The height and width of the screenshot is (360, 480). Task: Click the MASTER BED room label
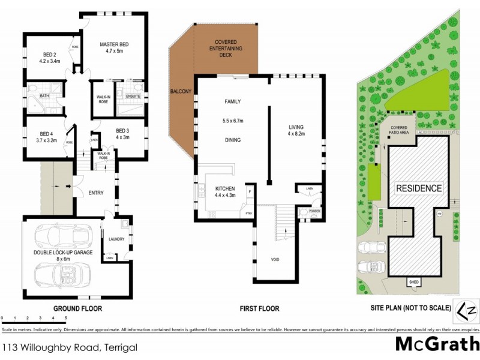(x=115, y=44)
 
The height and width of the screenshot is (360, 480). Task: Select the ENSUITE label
(x=132, y=95)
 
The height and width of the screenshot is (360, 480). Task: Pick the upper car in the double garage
(x=64, y=235)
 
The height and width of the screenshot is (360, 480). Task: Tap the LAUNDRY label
(x=116, y=239)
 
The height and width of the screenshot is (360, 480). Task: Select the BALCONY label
(x=180, y=91)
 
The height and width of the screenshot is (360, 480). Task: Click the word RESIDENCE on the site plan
(x=419, y=188)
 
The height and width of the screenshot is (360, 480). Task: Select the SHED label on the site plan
(x=413, y=281)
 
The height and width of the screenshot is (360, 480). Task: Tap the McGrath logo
(x=437, y=344)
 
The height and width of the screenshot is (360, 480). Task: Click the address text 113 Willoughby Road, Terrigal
(x=70, y=347)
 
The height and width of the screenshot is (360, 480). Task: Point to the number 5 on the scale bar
(x=65, y=317)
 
